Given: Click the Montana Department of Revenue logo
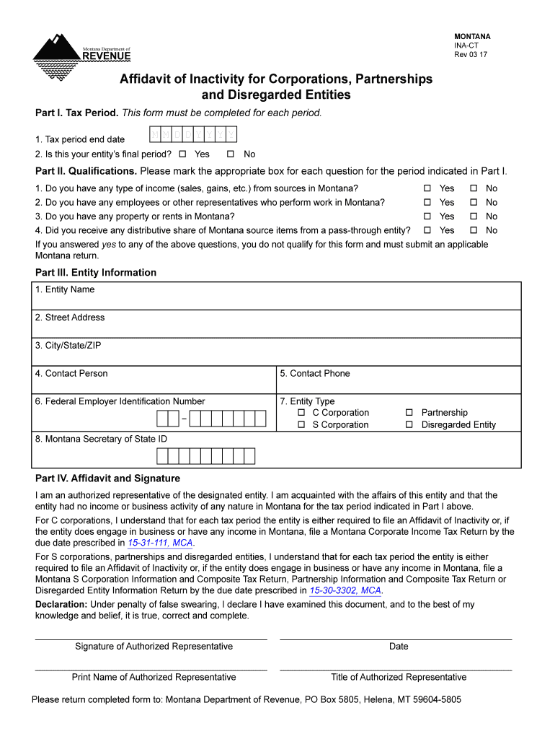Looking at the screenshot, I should [81, 53].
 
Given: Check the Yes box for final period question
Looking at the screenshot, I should [183, 154].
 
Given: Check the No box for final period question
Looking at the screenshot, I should [231, 154].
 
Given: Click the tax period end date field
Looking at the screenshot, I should [192, 135].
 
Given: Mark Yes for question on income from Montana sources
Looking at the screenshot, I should [427, 188].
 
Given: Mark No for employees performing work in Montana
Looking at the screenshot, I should [474, 203].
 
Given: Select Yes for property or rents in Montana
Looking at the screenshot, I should [427, 217].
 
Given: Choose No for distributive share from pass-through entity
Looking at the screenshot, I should [474, 230].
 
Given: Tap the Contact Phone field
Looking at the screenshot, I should [399, 380].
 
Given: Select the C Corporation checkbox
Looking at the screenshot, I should [301, 413].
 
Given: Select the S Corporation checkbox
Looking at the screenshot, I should [301, 425].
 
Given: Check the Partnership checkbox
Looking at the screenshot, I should [409, 413].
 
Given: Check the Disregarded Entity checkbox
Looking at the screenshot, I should [409, 425].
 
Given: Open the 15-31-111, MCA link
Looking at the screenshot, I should [161, 543].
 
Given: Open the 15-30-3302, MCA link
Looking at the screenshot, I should [345, 590].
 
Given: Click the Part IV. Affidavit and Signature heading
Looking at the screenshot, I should [107, 478].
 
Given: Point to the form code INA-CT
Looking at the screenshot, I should [466, 45].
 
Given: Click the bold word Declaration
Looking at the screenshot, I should [61, 604].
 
